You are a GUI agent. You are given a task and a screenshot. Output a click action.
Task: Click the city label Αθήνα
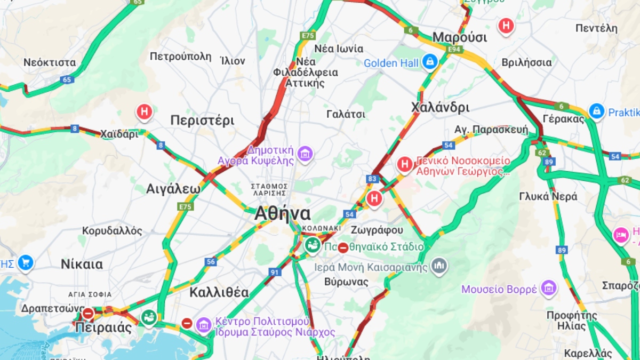[282, 213]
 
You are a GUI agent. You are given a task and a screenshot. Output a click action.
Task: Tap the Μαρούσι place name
[459, 37]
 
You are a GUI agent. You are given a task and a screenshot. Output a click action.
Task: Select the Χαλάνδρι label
[440, 107]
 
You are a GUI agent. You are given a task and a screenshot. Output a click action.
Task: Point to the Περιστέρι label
[202, 120]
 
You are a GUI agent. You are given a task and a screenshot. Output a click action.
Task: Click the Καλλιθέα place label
[219, 292]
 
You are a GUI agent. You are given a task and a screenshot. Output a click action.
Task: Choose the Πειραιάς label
[103, 327]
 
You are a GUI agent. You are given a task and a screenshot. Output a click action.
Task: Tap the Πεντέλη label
[596, 28]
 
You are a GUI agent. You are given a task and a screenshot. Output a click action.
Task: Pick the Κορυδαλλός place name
[112, 231]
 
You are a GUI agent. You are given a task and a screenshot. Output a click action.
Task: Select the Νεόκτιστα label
[50, 62]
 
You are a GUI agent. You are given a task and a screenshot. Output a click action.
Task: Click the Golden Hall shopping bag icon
[429, 62]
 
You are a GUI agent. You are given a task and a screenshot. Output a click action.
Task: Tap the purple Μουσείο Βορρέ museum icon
[548, 289]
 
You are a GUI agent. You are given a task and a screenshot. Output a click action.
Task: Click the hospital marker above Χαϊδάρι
[145, 112]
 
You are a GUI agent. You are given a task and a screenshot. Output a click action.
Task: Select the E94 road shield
[454, 49]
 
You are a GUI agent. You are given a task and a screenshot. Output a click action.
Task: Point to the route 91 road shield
[275, 272]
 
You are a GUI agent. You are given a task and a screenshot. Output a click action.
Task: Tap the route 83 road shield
[372, 179]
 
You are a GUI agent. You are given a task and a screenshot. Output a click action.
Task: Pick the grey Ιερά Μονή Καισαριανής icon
[439, 265]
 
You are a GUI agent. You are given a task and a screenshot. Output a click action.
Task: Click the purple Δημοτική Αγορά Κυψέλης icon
[305, 154]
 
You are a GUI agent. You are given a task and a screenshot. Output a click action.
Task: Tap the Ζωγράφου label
[377, 230]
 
